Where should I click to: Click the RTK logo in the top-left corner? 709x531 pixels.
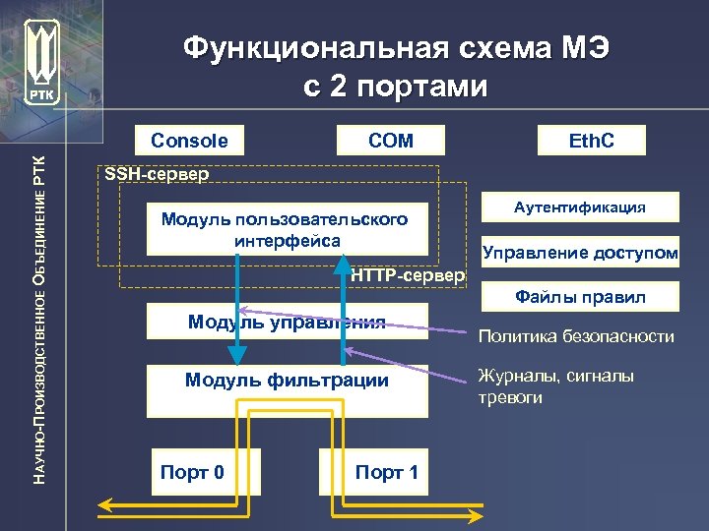(x=43, y=61)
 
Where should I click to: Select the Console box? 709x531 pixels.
(x=189, y=141)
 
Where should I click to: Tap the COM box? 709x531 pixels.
(x=390, y=141)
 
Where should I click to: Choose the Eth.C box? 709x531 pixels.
(x=591, y=141)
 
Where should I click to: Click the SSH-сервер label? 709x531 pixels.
(x=157, y=175)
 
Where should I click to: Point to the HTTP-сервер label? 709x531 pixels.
(x=407, y=276)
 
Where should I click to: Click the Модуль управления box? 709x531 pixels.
(x=287, y=321)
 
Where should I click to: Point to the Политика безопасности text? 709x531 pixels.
(x=576, y=337)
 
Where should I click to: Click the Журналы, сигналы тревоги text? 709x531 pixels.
(x=555, y=386)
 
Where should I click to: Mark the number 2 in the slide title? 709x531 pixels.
(x=341, y=87)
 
